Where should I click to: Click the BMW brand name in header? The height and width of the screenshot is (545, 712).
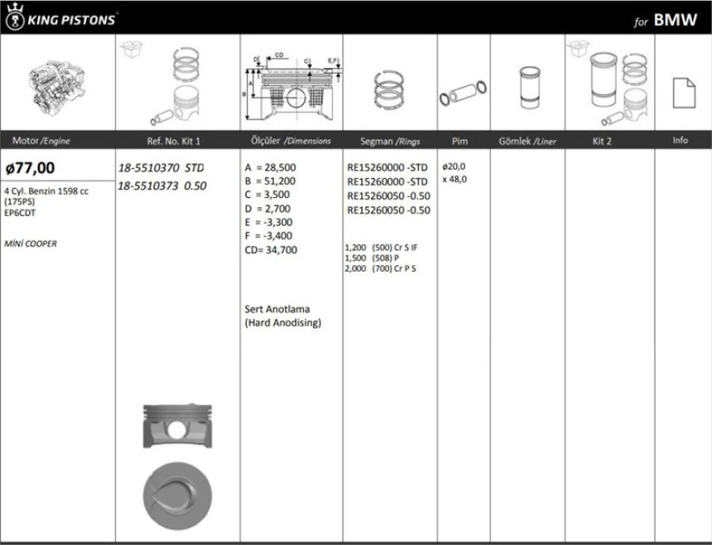pyautogui.click(x=675, y=21)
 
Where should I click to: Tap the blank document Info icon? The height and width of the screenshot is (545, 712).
pyautogui.click(x=682, y=90)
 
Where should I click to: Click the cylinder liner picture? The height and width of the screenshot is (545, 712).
pyautogui.click(x=527, y=85)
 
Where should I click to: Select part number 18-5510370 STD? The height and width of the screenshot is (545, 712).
pyautogui.click(x=161, y=167)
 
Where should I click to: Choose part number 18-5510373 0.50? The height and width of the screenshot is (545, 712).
pyautogui.click(x=161, y=186)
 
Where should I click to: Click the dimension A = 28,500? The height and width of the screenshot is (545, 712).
pyautogui.click(x=270, y=166)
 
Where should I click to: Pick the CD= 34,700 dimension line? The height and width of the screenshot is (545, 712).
pyautogui.click(x=271, y=250)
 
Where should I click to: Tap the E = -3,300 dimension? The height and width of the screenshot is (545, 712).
pyautogui.click(x=269, y=222)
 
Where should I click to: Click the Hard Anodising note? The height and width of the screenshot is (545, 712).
pyautogui.click(x=282, y=323)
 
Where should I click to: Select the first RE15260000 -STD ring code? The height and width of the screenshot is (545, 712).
pyautogui.click(x=387, y=167)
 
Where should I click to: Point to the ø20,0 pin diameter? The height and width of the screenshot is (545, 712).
pyautogui.click(x=454, y=166)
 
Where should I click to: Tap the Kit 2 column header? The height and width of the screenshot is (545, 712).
pyautogui.click(x=602, y=142)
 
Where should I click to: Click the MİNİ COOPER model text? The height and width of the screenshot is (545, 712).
pyautogui.click(x=31, y=244)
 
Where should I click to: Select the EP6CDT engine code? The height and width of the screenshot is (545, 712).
pyautogui.click(x=20, y=212)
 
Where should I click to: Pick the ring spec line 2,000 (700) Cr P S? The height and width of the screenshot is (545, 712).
pyautogui.click(x=380, y=268)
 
